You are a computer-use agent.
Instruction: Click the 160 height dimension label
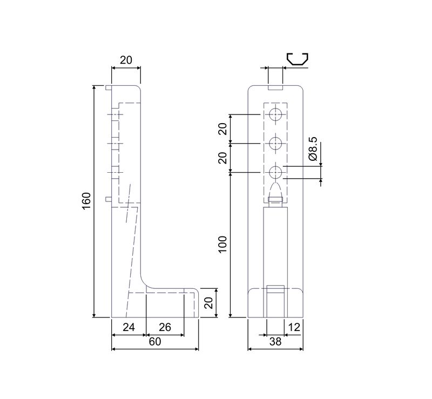(86, 201)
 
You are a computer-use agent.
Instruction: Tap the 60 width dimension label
(155, 342)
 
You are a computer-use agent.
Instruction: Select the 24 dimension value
(129, 327)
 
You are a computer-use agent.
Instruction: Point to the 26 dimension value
(165, 327)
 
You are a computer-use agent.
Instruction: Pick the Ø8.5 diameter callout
(313, 149)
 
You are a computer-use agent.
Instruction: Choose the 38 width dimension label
(275, 342)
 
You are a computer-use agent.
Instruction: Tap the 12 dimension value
(294, 327)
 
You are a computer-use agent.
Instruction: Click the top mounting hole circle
(275, 114)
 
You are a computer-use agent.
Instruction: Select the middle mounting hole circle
(275, 143)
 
